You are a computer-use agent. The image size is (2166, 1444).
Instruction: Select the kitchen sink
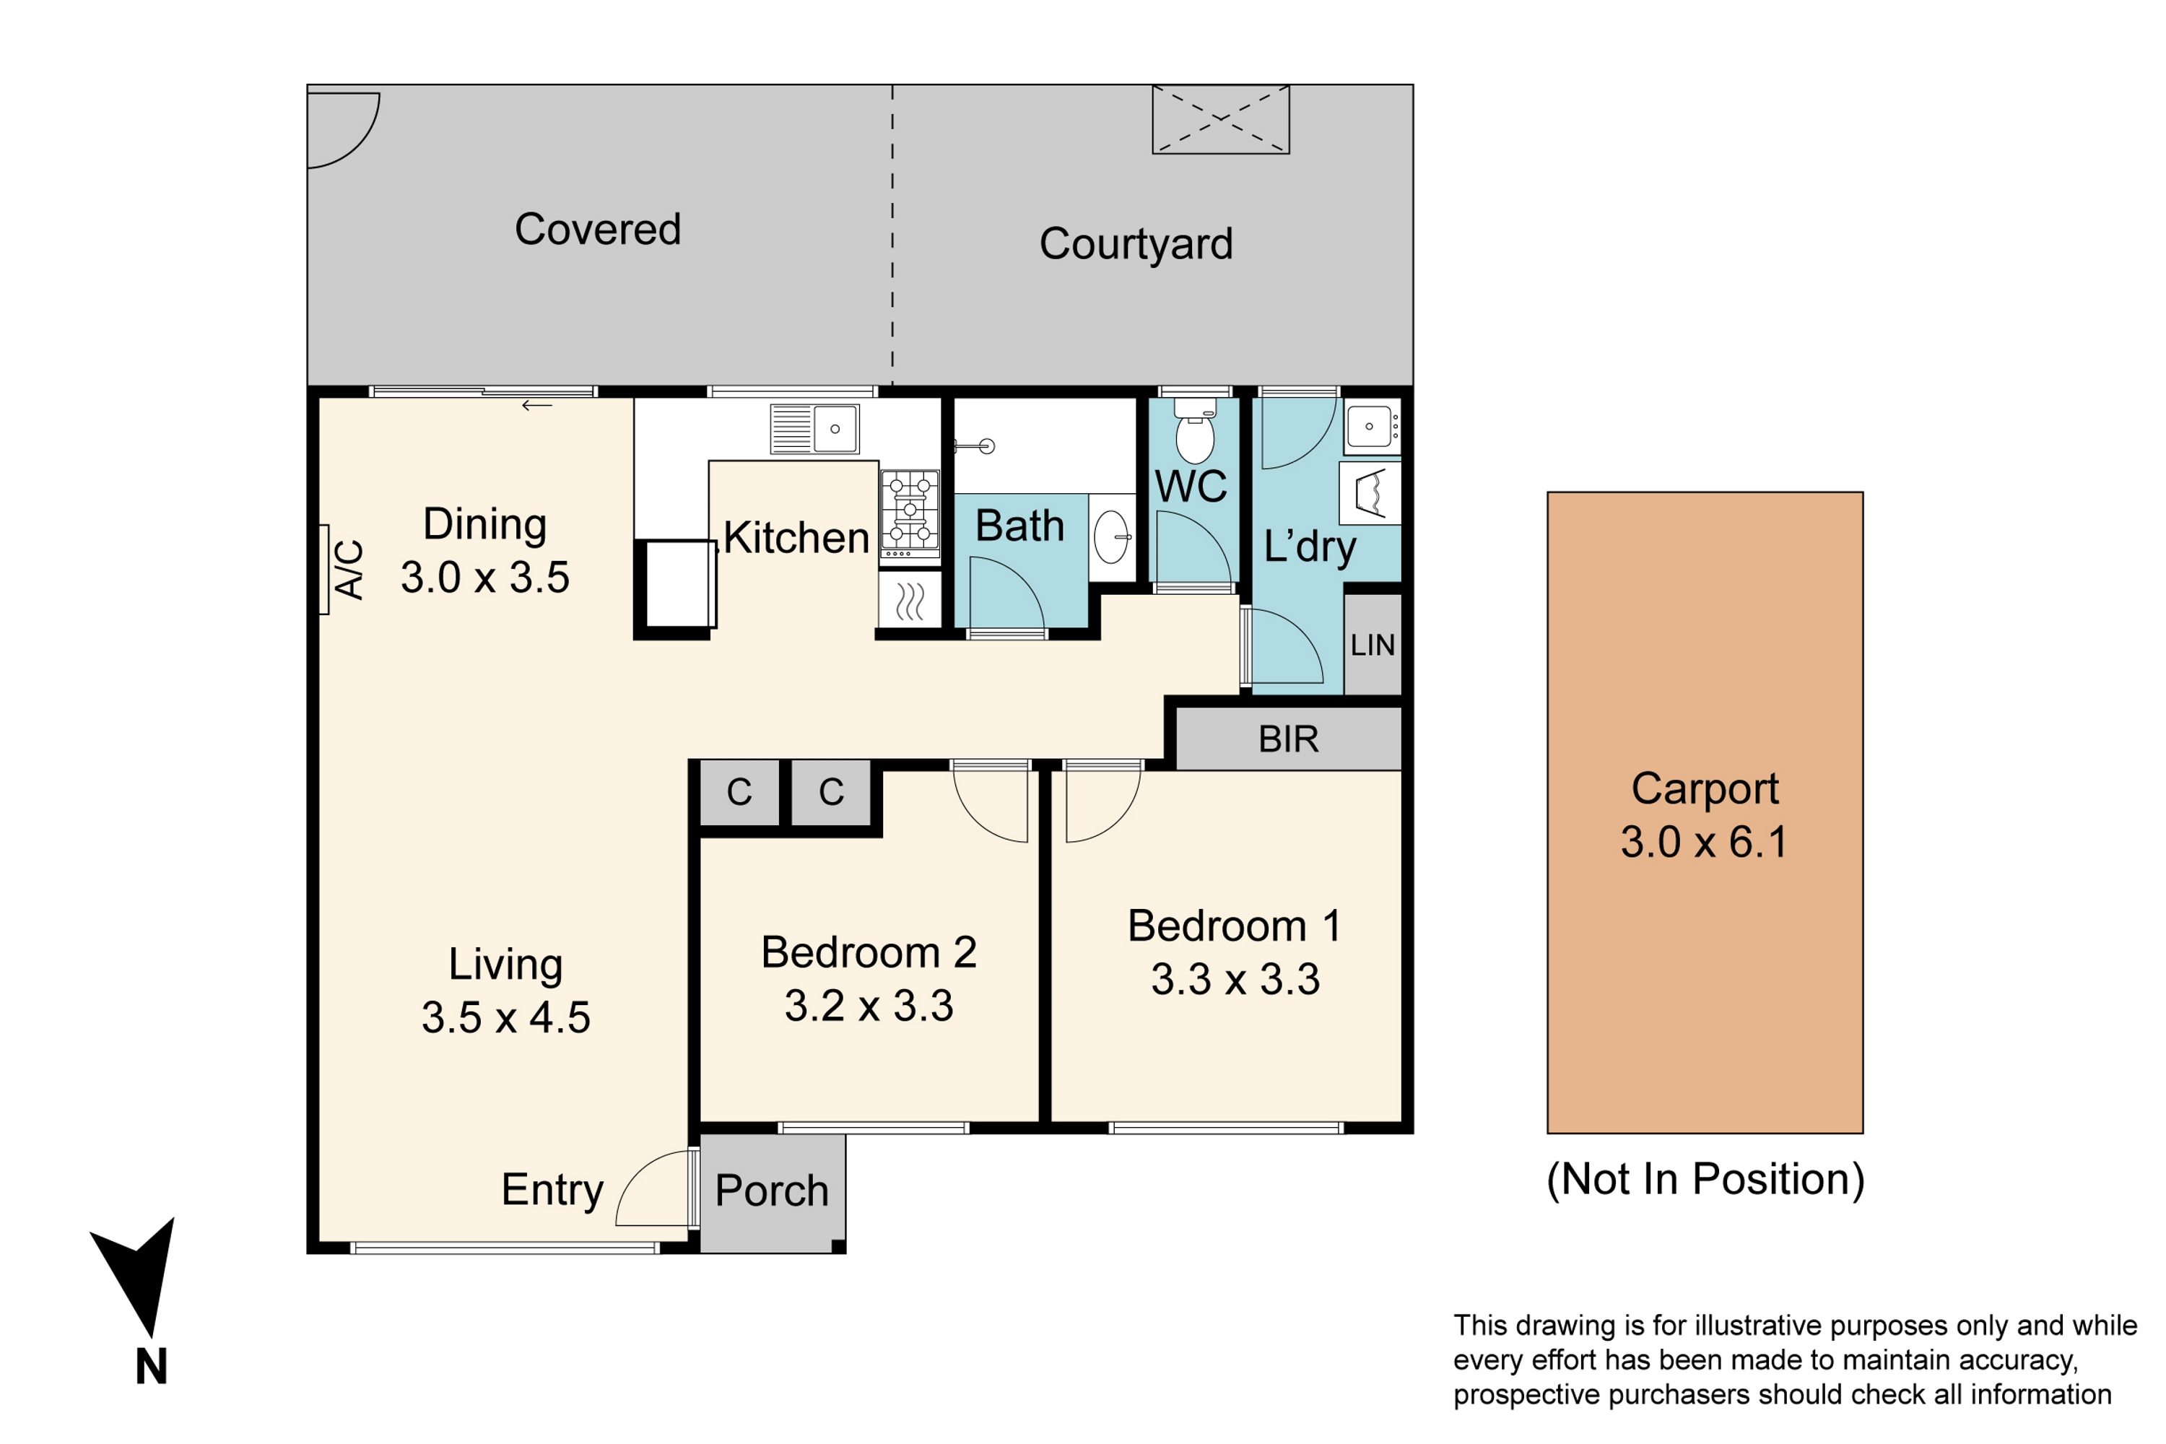815,429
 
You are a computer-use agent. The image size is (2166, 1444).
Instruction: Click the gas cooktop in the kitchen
910,513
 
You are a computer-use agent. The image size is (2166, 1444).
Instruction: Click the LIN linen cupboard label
1373,645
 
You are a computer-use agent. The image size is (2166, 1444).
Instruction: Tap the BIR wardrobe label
1288,739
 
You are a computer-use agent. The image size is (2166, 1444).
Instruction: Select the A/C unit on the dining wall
324,569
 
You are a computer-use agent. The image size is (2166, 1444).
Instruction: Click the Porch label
772,1191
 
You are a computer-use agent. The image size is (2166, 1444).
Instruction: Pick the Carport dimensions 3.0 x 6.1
1704,842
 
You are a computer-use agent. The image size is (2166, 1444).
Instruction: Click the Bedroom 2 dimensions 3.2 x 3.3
869,1006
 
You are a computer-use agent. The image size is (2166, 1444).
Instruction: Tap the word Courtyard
1136,244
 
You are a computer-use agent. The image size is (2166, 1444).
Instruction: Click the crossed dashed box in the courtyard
1220,119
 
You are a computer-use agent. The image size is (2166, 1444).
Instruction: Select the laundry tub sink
1371,427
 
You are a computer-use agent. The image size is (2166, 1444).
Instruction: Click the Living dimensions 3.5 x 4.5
505,1017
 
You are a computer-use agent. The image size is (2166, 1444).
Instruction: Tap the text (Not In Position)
1705,1180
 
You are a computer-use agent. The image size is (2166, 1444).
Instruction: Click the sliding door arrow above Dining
537,405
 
